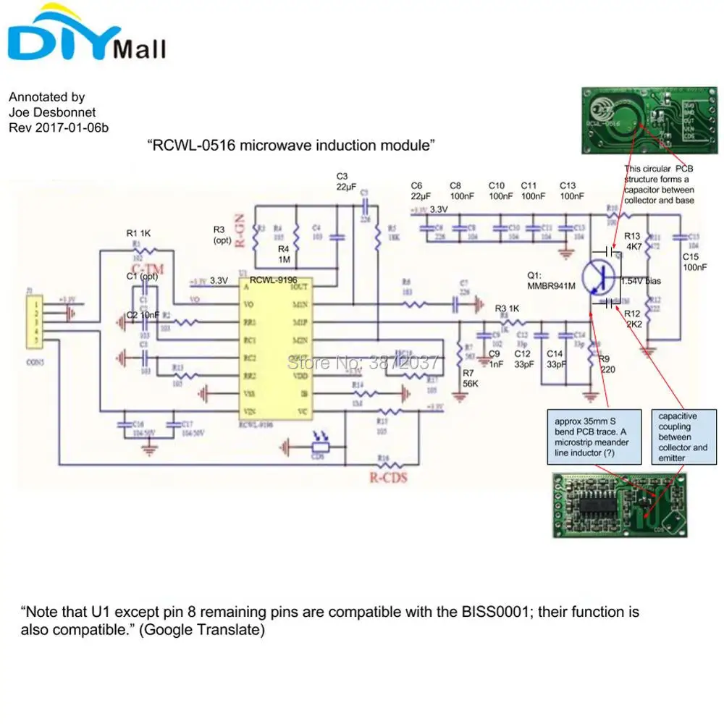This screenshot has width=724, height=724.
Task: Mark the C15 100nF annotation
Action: pyautogui.click(x=694, y=262)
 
